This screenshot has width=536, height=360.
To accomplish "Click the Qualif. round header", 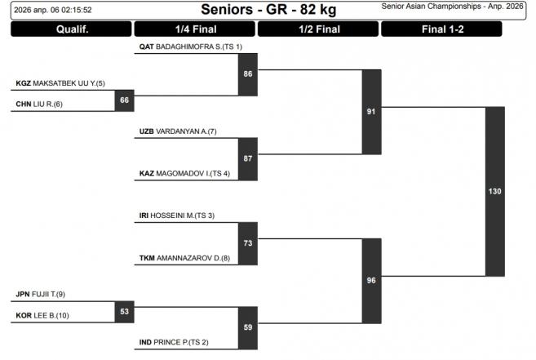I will [x=72, y=29].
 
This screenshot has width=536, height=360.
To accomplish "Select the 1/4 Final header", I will [x=195, y=29].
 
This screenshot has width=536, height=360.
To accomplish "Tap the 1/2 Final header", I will [x=318, y=29].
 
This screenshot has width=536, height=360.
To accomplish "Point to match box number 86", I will [x=248, y=73].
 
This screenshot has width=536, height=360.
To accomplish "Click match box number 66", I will [x=124, y=100].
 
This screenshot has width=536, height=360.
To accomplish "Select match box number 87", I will [x=248, y=158].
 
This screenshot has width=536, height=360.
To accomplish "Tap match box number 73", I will [x=248, y=243].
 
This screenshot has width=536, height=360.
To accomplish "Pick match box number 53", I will [x=124, y=311].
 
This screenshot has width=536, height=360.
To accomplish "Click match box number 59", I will [x=248, y=328].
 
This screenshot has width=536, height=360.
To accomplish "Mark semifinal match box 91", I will [x=371, y=112].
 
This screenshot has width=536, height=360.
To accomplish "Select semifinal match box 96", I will [x=371, y=281].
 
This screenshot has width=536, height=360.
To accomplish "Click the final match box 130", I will [x=495, y=191].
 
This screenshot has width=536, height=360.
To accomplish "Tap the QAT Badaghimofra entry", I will [x=191, y=47].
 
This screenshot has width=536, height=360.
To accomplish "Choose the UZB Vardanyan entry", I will [x=178, y=131].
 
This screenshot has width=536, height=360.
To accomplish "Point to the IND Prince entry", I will [x=173, y=342].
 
